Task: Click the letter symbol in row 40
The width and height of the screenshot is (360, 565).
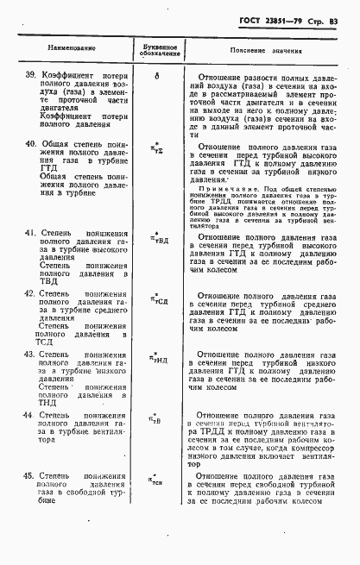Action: point(157,151)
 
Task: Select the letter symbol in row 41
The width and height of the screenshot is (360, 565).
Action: point(158,240)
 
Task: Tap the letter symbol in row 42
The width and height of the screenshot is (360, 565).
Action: point(158,300)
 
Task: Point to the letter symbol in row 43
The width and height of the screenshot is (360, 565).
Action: point(158,361)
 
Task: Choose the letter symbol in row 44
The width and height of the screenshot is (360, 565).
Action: point(157,422)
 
